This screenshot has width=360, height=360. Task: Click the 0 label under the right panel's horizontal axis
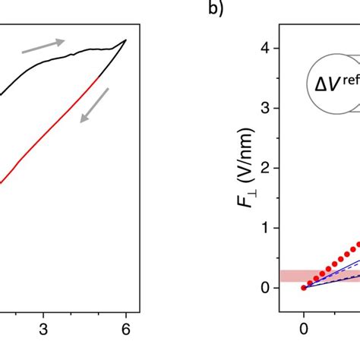click(x=304, y=329)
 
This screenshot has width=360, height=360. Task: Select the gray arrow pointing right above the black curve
click(x=43, y=46)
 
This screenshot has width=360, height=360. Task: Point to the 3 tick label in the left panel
click(x=44, y=329)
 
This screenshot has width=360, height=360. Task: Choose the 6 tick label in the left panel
click(x=126, y=329)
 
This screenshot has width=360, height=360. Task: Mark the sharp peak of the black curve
click(x=125, y=39)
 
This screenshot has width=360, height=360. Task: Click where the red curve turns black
click(x=99, y=76)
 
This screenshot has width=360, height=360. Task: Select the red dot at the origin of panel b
click(x=304, y=287)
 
